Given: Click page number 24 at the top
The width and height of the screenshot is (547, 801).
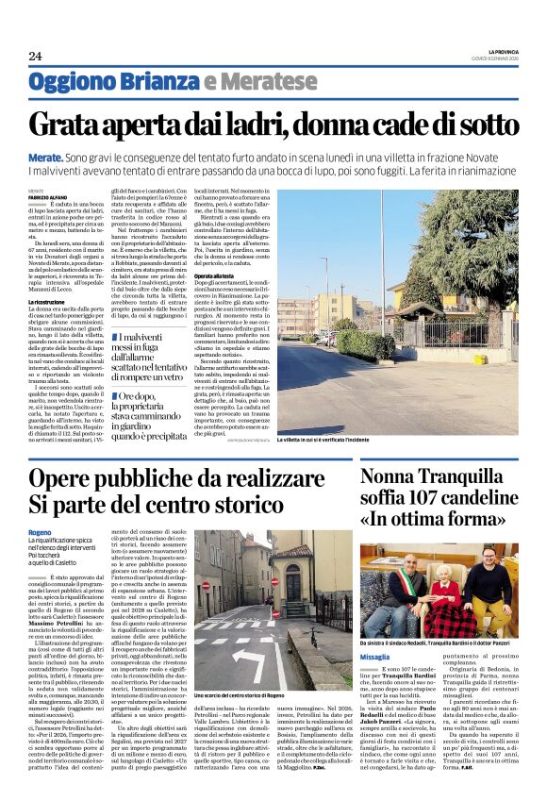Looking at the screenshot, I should pyautogui.click(x=35, y=55).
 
